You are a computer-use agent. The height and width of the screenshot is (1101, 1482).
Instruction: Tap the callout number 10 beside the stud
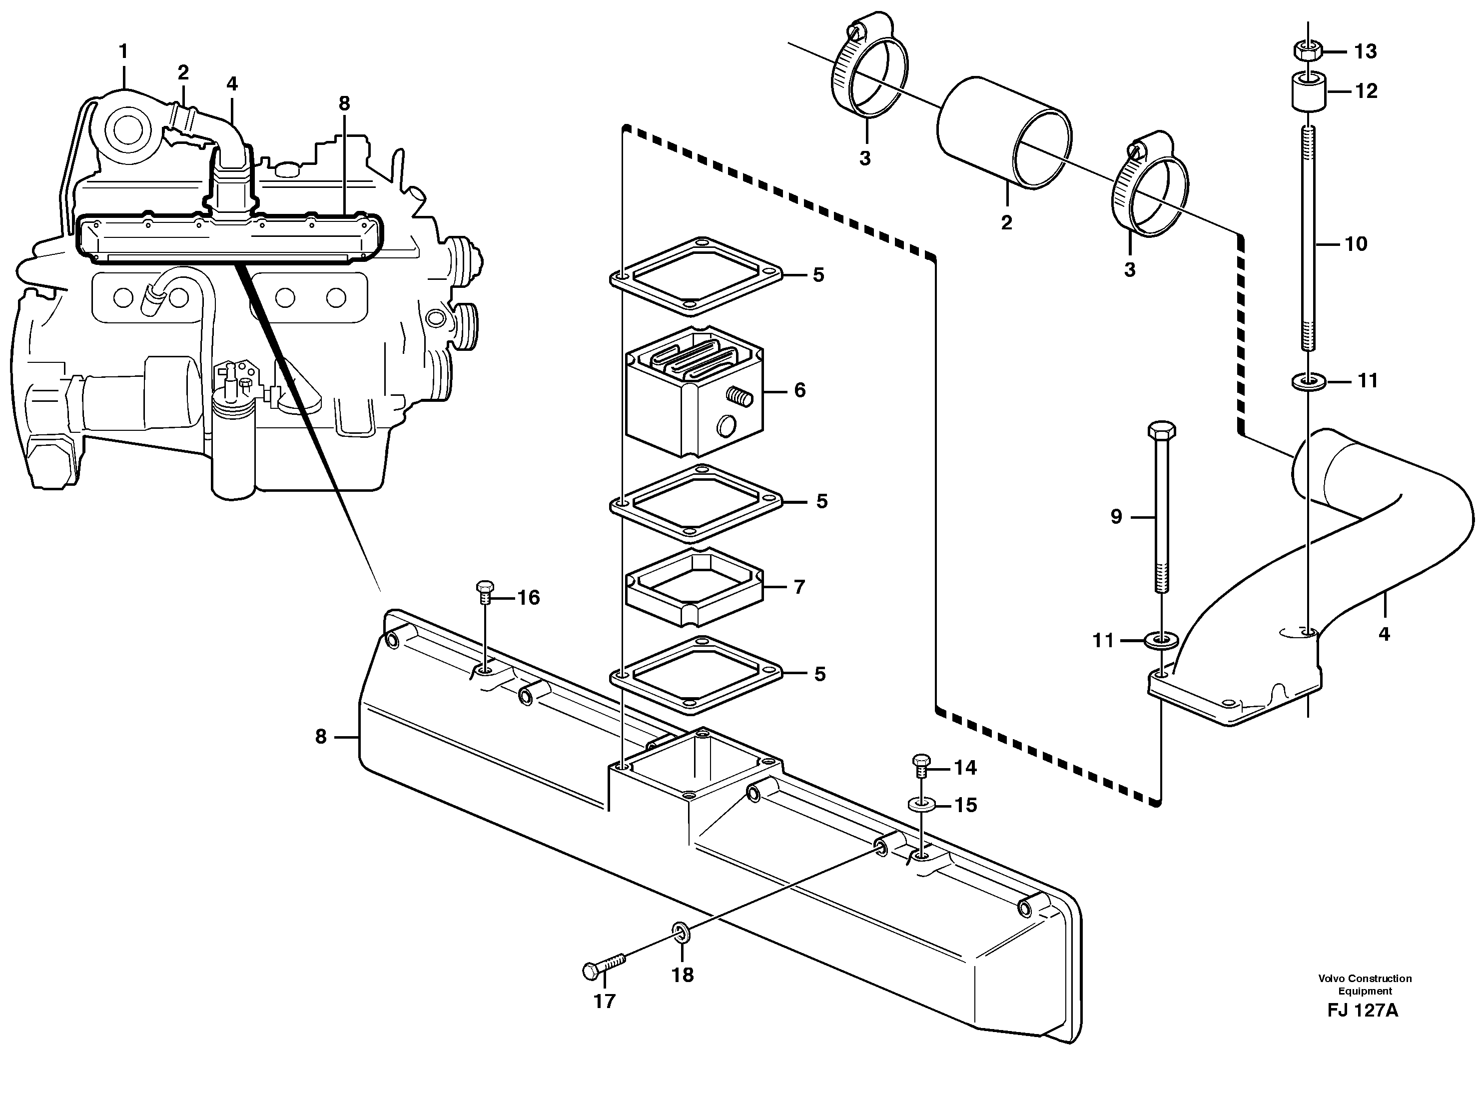tap(1356, 244)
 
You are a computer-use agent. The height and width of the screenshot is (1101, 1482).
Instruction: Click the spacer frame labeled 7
tap(693, 587)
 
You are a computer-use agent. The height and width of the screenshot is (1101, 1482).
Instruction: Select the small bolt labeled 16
tap(485, 589)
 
